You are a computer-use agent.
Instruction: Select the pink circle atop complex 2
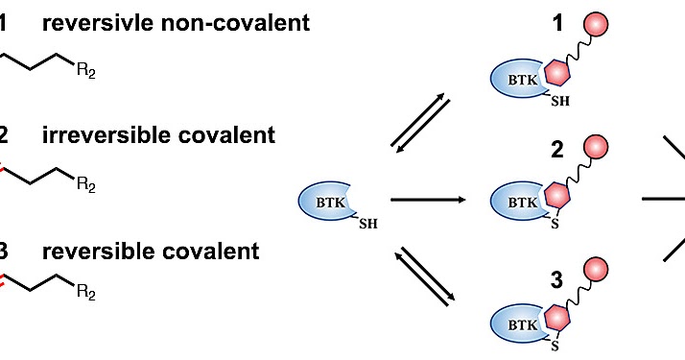(601, 147)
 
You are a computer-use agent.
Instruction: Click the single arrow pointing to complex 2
(429, 201)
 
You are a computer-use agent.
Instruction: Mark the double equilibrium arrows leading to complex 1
(419, 122)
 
